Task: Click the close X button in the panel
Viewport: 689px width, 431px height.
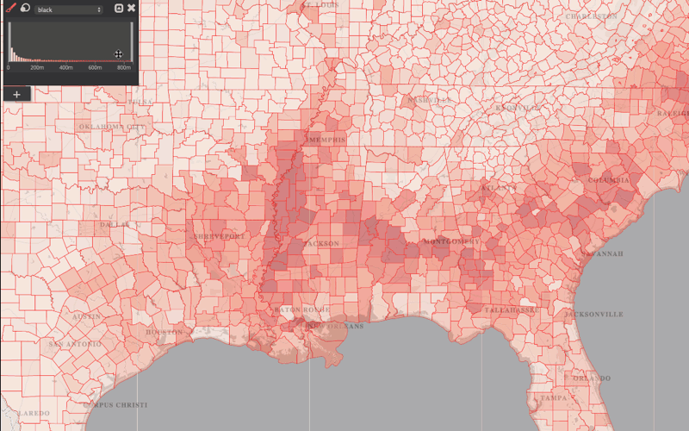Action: coord(131,8)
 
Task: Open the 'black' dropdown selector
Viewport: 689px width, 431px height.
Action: coord(69,9)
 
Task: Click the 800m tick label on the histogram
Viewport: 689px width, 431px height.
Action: coord(123,67)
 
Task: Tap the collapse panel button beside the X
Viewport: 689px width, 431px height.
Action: coord(119,8)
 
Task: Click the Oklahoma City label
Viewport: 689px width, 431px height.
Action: coord(113,126)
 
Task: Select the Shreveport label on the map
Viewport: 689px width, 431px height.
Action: coord(219,236)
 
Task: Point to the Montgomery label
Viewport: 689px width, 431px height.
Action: coord(450,242)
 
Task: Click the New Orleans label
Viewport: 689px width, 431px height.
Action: coord(335,327)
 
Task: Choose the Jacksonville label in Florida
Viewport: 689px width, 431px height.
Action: coord(593,315)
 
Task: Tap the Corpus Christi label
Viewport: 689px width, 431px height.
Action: coord(115,404)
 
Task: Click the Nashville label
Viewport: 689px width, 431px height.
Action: coord(429,100)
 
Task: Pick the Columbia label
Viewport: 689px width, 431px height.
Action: coord(609,180)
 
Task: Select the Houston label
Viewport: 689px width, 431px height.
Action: coord(164,332)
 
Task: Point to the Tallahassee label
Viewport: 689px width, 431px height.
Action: coord(510,309)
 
